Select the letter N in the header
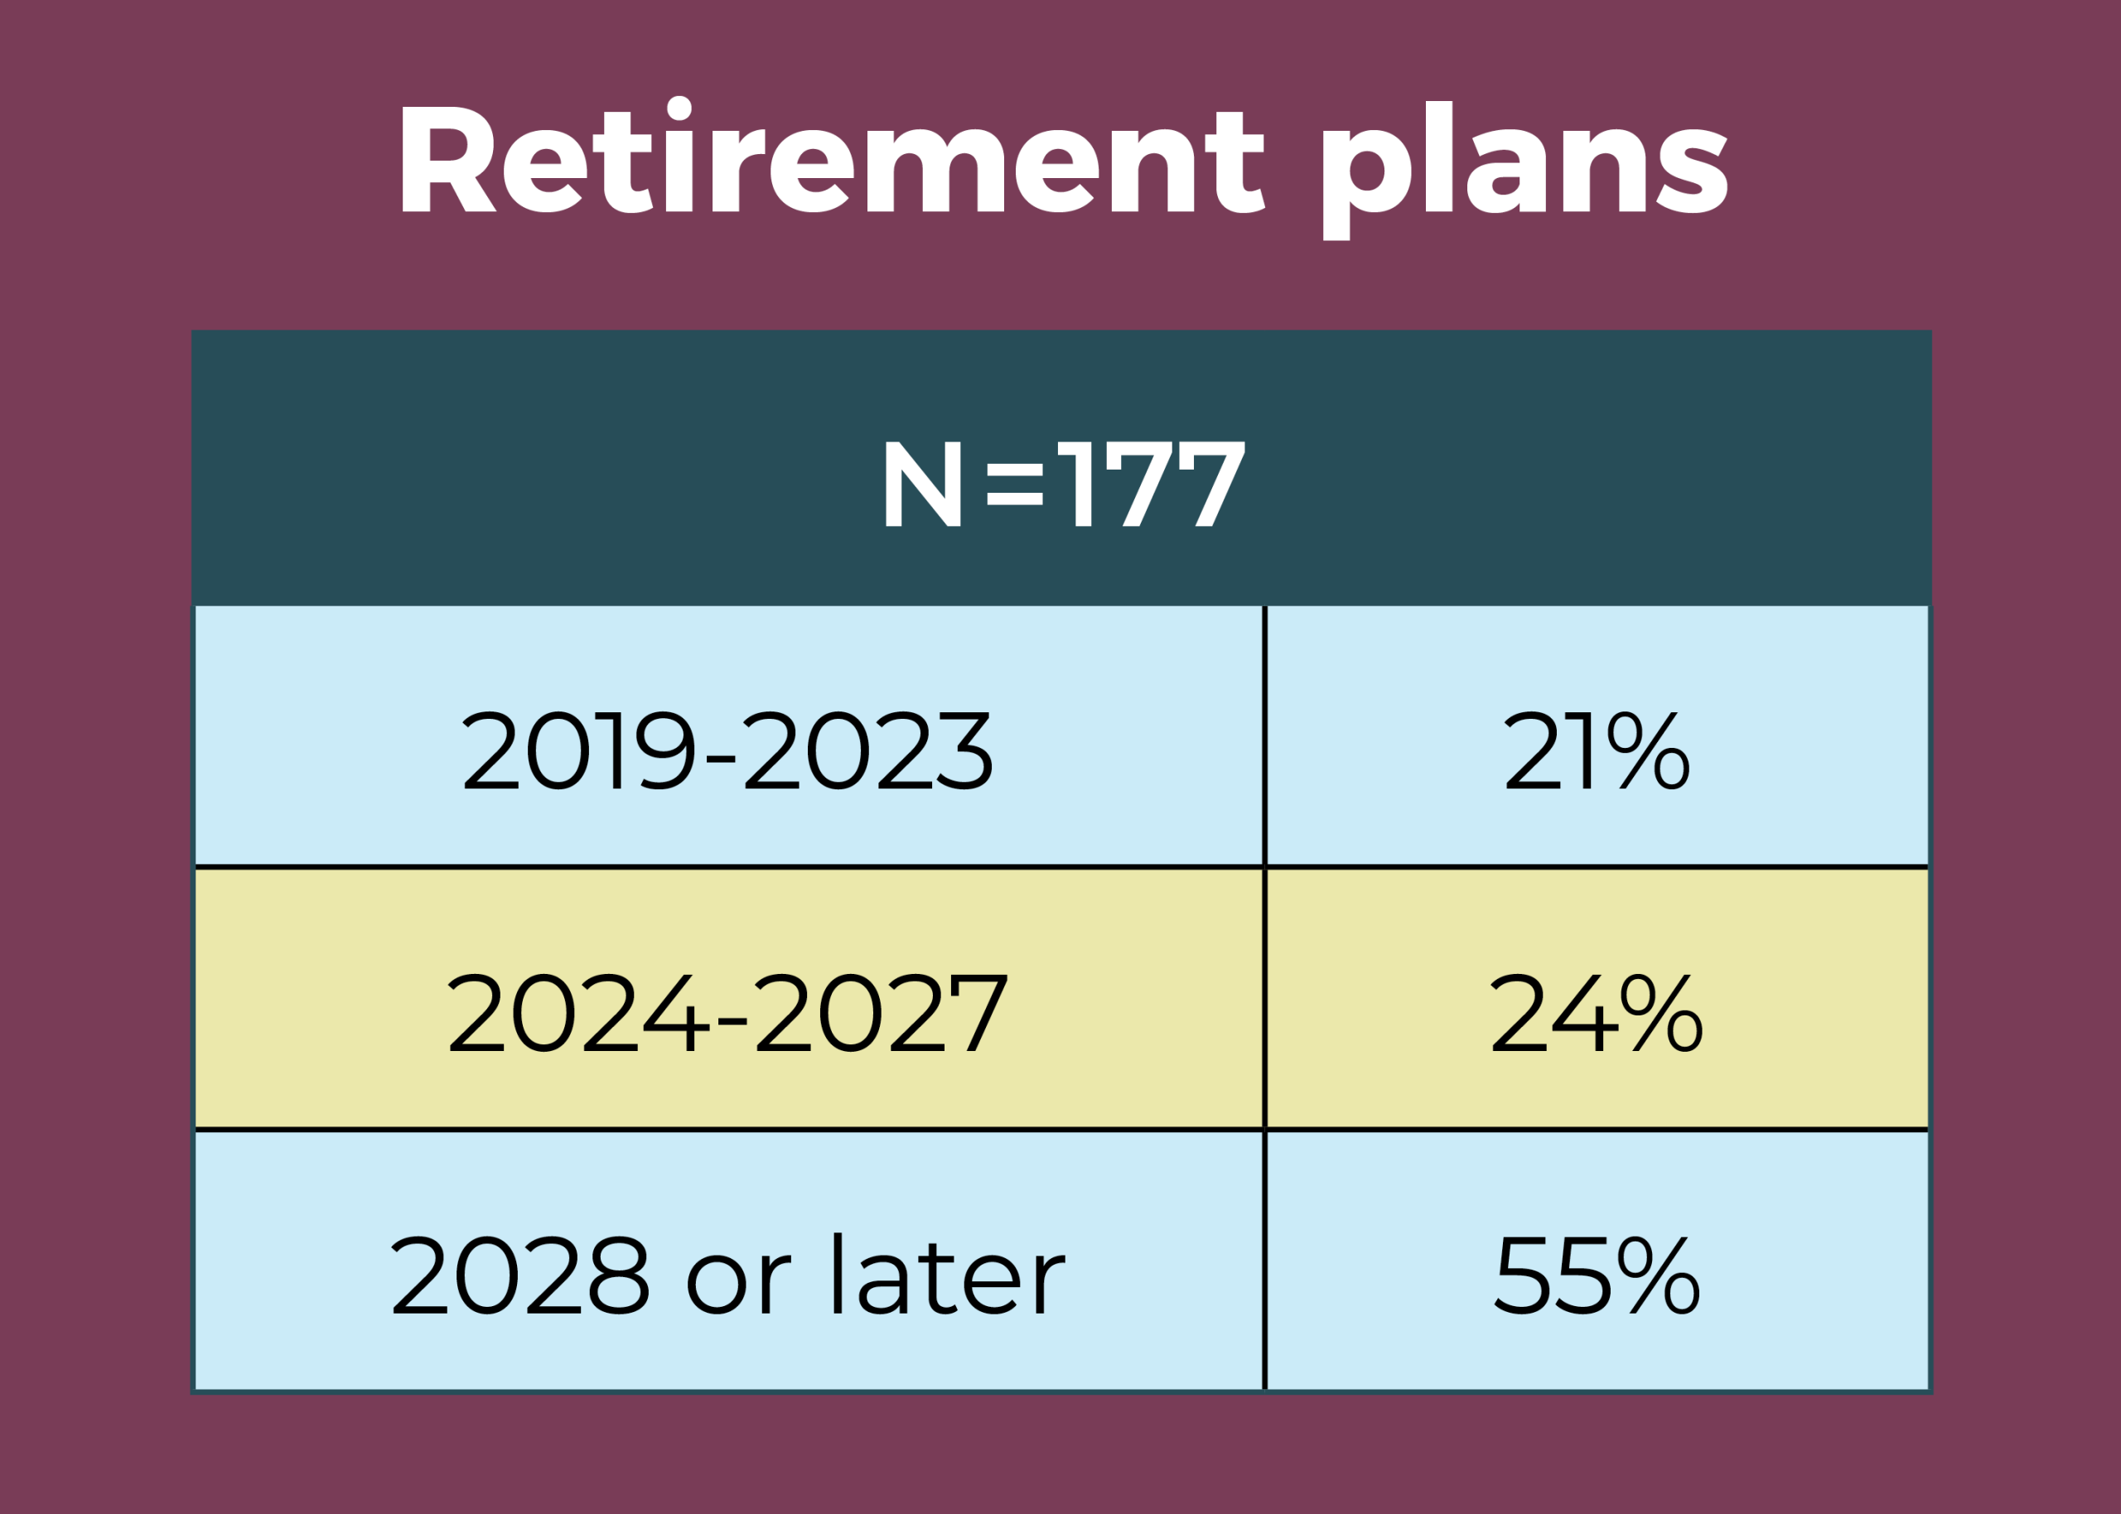point(922,483)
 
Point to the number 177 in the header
point(1152,483)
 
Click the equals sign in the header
point(1014,484)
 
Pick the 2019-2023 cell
point(728,735)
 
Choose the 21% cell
point(1597,735)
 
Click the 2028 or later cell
point(728,1261)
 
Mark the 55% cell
point(1597,1261)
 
